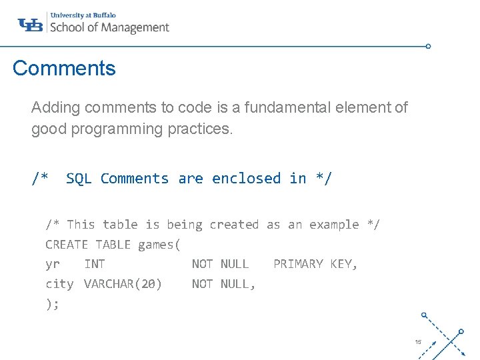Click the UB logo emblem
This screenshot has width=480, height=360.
[31, 25]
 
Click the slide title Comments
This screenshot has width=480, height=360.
[64, 68]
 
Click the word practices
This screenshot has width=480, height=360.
[204, 129]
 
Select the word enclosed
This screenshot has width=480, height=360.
[246, 179]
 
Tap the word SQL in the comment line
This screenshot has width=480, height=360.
[79, 179]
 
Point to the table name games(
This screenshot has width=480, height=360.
[159, 245]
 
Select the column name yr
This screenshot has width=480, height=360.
[53, 264]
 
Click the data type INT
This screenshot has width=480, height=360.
[95, 264]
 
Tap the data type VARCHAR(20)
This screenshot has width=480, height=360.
[123, 284]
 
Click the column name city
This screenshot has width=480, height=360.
[59, 284]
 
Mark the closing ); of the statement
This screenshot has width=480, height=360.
[53, 304]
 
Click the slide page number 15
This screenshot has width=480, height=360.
[418, 342]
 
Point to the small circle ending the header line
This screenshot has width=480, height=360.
[428, 47]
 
